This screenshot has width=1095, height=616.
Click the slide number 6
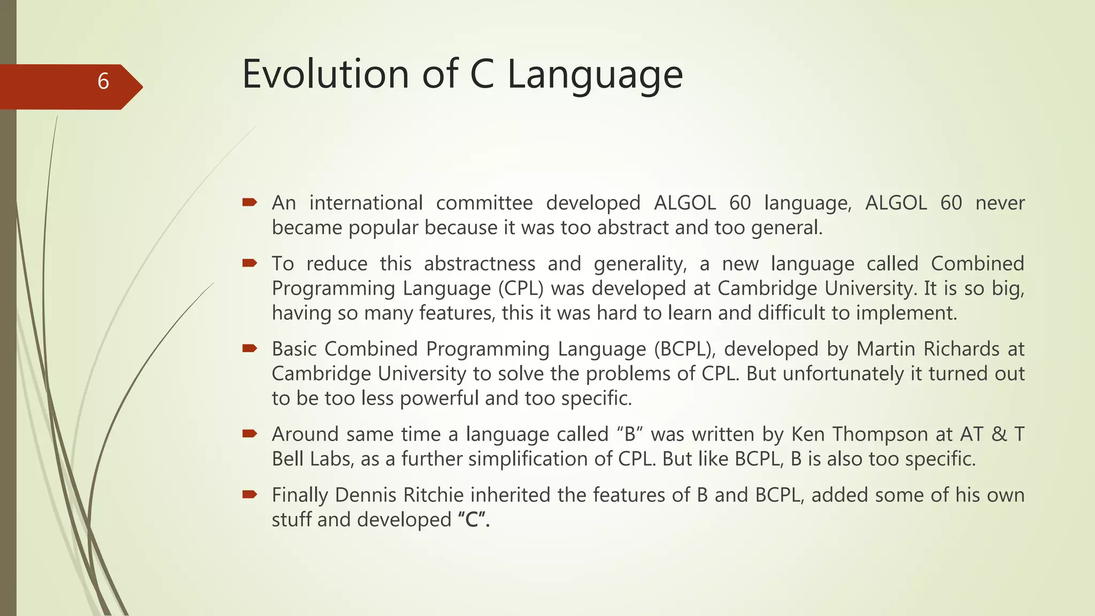tap(103, 81)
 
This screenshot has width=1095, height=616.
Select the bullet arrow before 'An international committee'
tap(250, 202)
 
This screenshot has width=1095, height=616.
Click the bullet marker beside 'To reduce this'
tap(250, 263)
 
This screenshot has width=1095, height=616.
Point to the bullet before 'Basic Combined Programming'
tap(250, 348)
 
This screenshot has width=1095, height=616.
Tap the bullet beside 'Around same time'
tap(250, 433)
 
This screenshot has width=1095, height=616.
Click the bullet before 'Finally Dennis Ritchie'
tap(250, 494)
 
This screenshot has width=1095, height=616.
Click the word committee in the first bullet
tap(484, 203)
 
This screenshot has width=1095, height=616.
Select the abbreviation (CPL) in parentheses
tap(521, 289)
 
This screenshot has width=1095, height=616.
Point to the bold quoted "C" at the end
tap(474, 520)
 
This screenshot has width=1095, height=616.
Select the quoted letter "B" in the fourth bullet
tap(629, 434)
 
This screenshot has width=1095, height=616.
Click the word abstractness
tap(480, 264)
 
